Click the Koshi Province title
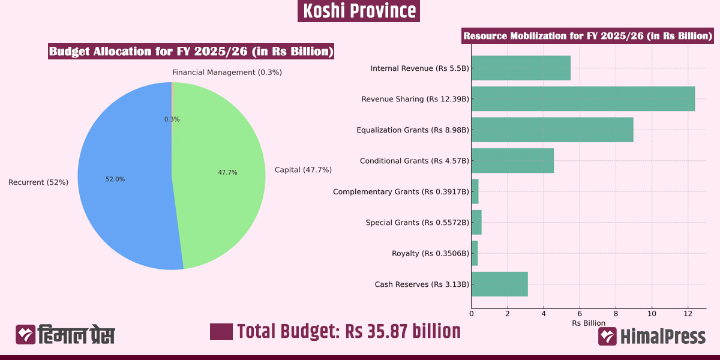tap(359, 11)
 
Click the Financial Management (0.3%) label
tap(227, 72)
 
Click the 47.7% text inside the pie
tap(227, 172)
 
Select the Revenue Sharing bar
tap(583, 98)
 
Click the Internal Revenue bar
tap(520, 68)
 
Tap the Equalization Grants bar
tap(552, 130)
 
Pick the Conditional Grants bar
tap(512, 161)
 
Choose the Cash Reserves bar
tap(499, 284)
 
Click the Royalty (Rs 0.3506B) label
tap(430, 253)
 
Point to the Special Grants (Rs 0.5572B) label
tap(418, 223)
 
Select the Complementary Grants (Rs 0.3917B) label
tap(401, 192)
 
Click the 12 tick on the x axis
tap(688, 313)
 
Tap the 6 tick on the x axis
tap(580, 313)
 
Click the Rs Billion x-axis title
tap(589, 323)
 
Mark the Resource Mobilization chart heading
tap(587, 36)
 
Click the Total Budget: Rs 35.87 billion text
tap(349, 331)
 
